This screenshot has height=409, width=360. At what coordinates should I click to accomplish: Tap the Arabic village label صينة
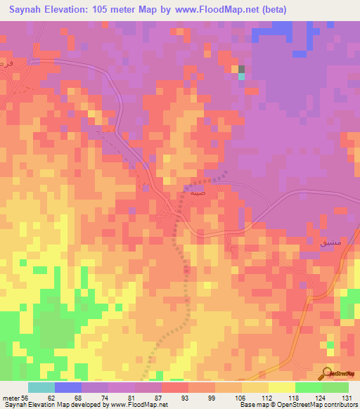[198, 190]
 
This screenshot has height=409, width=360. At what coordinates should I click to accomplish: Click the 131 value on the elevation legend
[347, 397]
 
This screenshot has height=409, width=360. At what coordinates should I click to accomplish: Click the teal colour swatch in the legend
[41, 387]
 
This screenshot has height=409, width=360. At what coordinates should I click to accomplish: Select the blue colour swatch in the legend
[68, 387]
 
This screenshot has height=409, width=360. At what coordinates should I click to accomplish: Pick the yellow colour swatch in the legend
[281, 387]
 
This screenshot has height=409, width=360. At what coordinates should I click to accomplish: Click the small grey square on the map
[241, 69]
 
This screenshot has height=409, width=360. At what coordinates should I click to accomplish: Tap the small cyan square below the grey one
[241, 76]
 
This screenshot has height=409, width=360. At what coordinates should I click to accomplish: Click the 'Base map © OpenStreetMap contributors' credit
[297, 405]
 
